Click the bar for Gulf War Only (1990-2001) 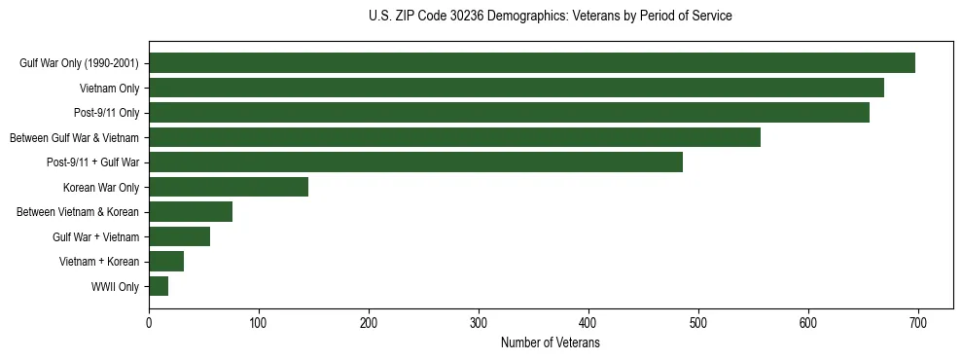point(532,63)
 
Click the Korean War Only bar point(229,187)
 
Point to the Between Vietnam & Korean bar point(191,212)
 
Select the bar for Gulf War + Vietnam point(179,236)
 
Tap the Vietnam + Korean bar point(166,261)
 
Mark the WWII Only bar point(159,286)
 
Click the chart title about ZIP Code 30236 point(551,17)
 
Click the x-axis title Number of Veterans point(550,343)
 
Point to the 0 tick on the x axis point(149,323)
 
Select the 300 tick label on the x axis point(479,323)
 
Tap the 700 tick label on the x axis point(917,323)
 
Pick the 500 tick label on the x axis point(697,323)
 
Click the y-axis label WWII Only point(115,287)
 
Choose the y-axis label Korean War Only point(101,188)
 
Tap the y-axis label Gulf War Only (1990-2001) point(79,64)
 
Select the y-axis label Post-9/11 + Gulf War point(93,162)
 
